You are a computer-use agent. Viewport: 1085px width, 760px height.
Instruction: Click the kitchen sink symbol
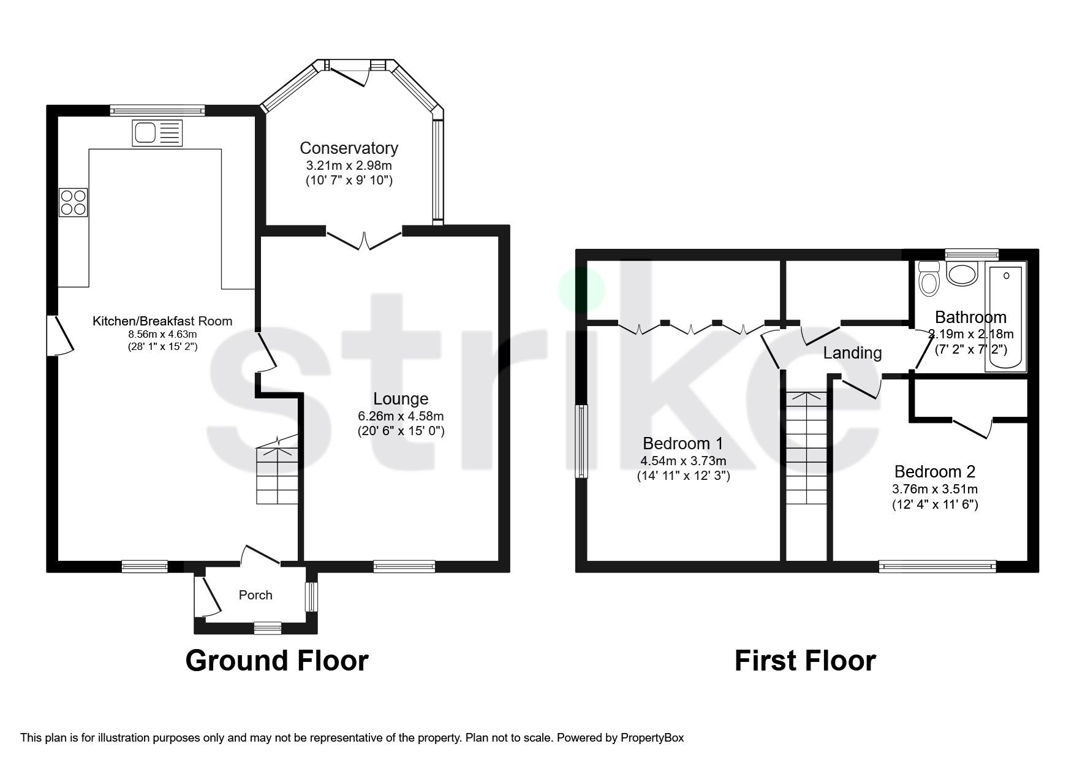pos(157,133)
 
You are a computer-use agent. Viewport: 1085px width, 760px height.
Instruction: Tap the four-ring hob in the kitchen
pos(73,202)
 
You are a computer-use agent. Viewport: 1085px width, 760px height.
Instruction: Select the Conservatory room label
pos(349,148)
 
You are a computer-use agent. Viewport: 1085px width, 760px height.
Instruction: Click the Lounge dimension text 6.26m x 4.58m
pos(401,416)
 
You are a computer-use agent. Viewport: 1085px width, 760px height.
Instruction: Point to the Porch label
pos(255,595)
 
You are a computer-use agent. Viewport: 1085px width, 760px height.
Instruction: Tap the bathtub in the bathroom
pos(1005,319)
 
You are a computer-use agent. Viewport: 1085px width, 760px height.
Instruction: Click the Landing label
pos(852,353)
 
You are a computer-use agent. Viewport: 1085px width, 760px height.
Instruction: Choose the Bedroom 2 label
pos(934,471)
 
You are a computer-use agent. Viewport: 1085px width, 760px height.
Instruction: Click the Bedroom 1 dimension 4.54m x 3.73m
pos(683,460)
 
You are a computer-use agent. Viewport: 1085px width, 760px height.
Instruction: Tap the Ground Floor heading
pos(277,661)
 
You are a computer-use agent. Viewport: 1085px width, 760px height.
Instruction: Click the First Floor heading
pos(804,661)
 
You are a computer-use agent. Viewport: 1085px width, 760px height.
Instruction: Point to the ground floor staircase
pos(277,472)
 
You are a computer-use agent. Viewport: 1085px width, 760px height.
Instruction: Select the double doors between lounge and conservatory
pos(365,239)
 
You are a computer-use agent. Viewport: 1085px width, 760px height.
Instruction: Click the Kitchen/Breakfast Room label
pos(162,321)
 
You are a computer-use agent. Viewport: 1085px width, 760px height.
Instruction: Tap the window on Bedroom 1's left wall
pos(581,441)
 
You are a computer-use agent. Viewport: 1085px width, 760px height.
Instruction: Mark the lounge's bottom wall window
pos(404,566)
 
